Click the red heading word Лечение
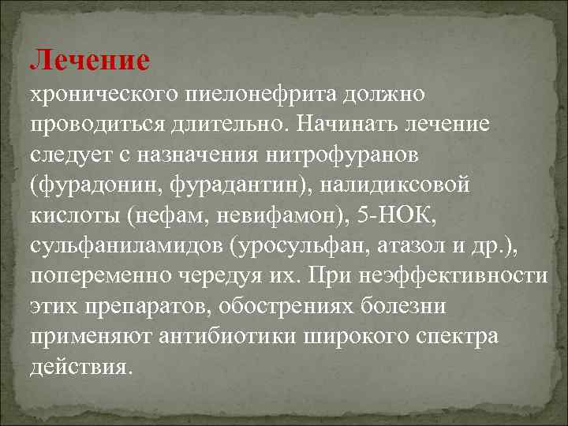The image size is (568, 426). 88,59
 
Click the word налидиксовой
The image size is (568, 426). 402,185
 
